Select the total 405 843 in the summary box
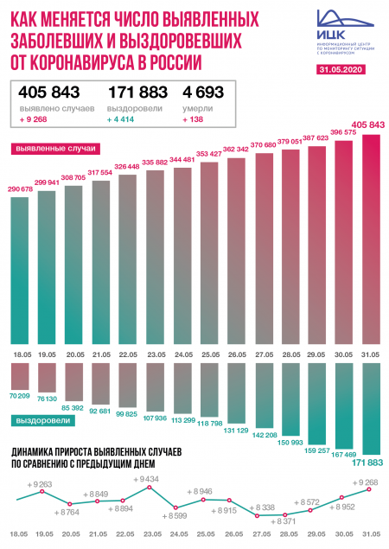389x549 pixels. point(48,93)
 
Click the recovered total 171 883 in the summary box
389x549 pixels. point(136,93)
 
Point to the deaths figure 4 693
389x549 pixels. point(207,93)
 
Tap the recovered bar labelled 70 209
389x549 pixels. point(29,373)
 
